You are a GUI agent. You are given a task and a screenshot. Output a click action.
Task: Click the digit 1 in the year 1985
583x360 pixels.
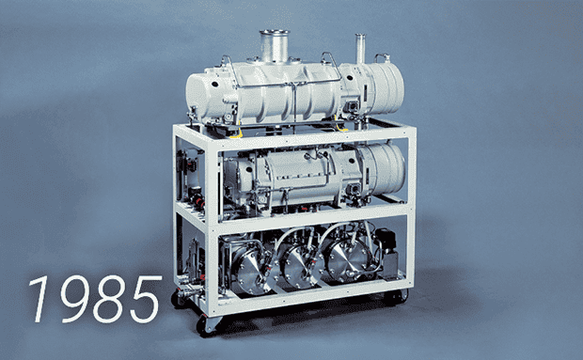pos(42,299)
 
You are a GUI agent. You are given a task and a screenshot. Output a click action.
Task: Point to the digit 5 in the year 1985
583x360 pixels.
pos(145,299)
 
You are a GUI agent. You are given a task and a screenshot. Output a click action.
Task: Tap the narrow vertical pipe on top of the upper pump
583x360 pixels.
pos(360,48)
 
